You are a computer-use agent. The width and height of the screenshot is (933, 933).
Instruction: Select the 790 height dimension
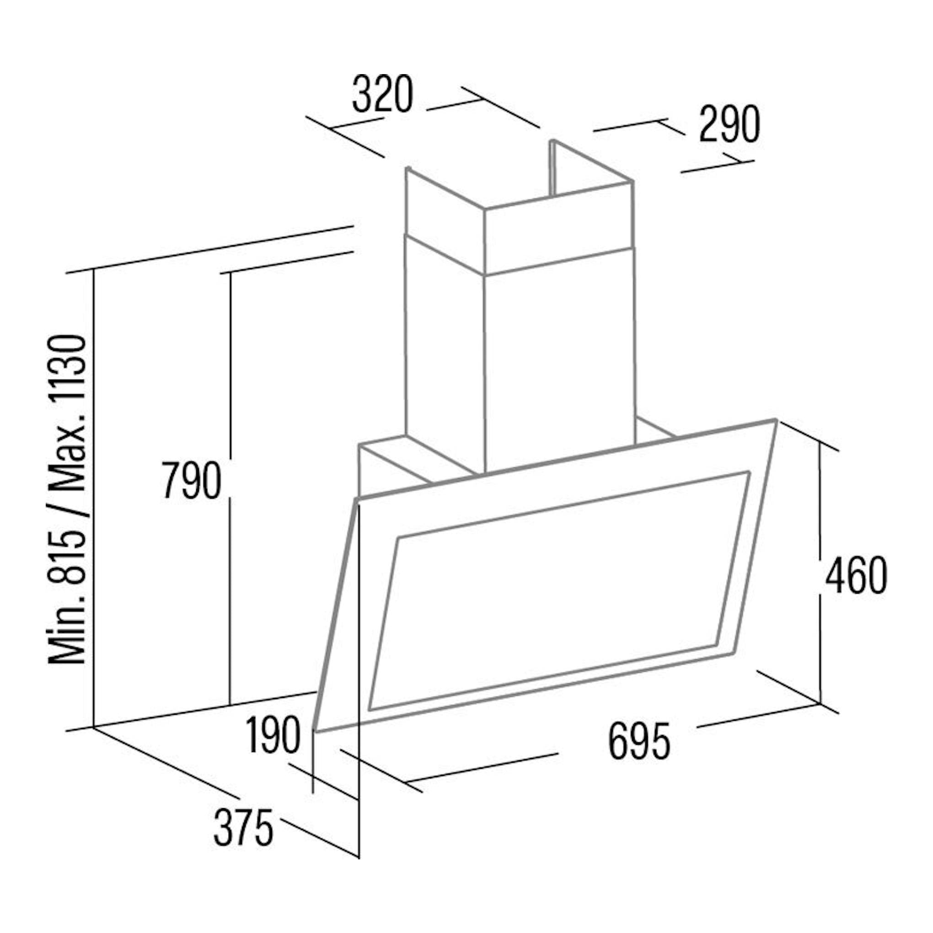click(192, 480)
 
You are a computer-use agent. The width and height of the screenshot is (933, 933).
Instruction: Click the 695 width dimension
click(639, 741)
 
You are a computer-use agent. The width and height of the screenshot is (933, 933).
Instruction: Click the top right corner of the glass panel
click(776, 420)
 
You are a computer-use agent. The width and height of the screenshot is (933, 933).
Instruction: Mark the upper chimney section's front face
click(558, 227)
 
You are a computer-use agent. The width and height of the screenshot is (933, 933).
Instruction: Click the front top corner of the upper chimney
click(484, 209)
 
